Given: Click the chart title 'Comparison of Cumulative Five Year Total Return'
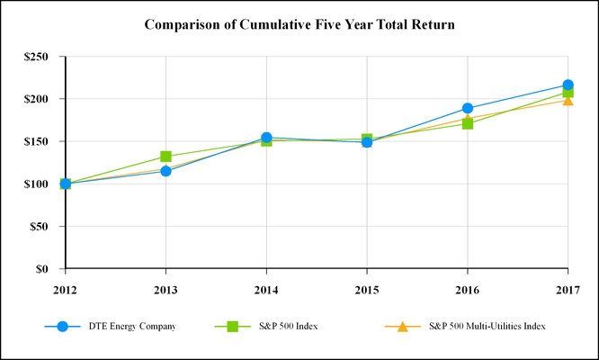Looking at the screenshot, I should (x=299, y=24).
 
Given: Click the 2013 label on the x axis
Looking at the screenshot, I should (x=165, y=289).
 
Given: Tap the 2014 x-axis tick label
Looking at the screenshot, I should (x=266, y=289).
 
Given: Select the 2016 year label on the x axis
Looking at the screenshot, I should (x=468, y=289).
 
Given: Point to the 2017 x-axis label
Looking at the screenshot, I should (x=568, y=289).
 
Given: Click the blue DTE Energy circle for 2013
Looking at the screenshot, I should (x=165, y=171).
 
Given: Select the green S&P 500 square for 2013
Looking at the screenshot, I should (x=165, y=157).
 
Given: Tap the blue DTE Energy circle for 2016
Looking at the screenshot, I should (x=468, y=108).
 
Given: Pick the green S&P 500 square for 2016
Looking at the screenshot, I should (x=468, y=123).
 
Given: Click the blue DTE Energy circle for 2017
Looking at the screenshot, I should (x=568, y=85).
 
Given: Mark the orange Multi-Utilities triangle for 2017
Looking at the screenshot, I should (x=568, y=100).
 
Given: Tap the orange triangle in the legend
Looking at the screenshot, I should (x=403, y=326).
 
